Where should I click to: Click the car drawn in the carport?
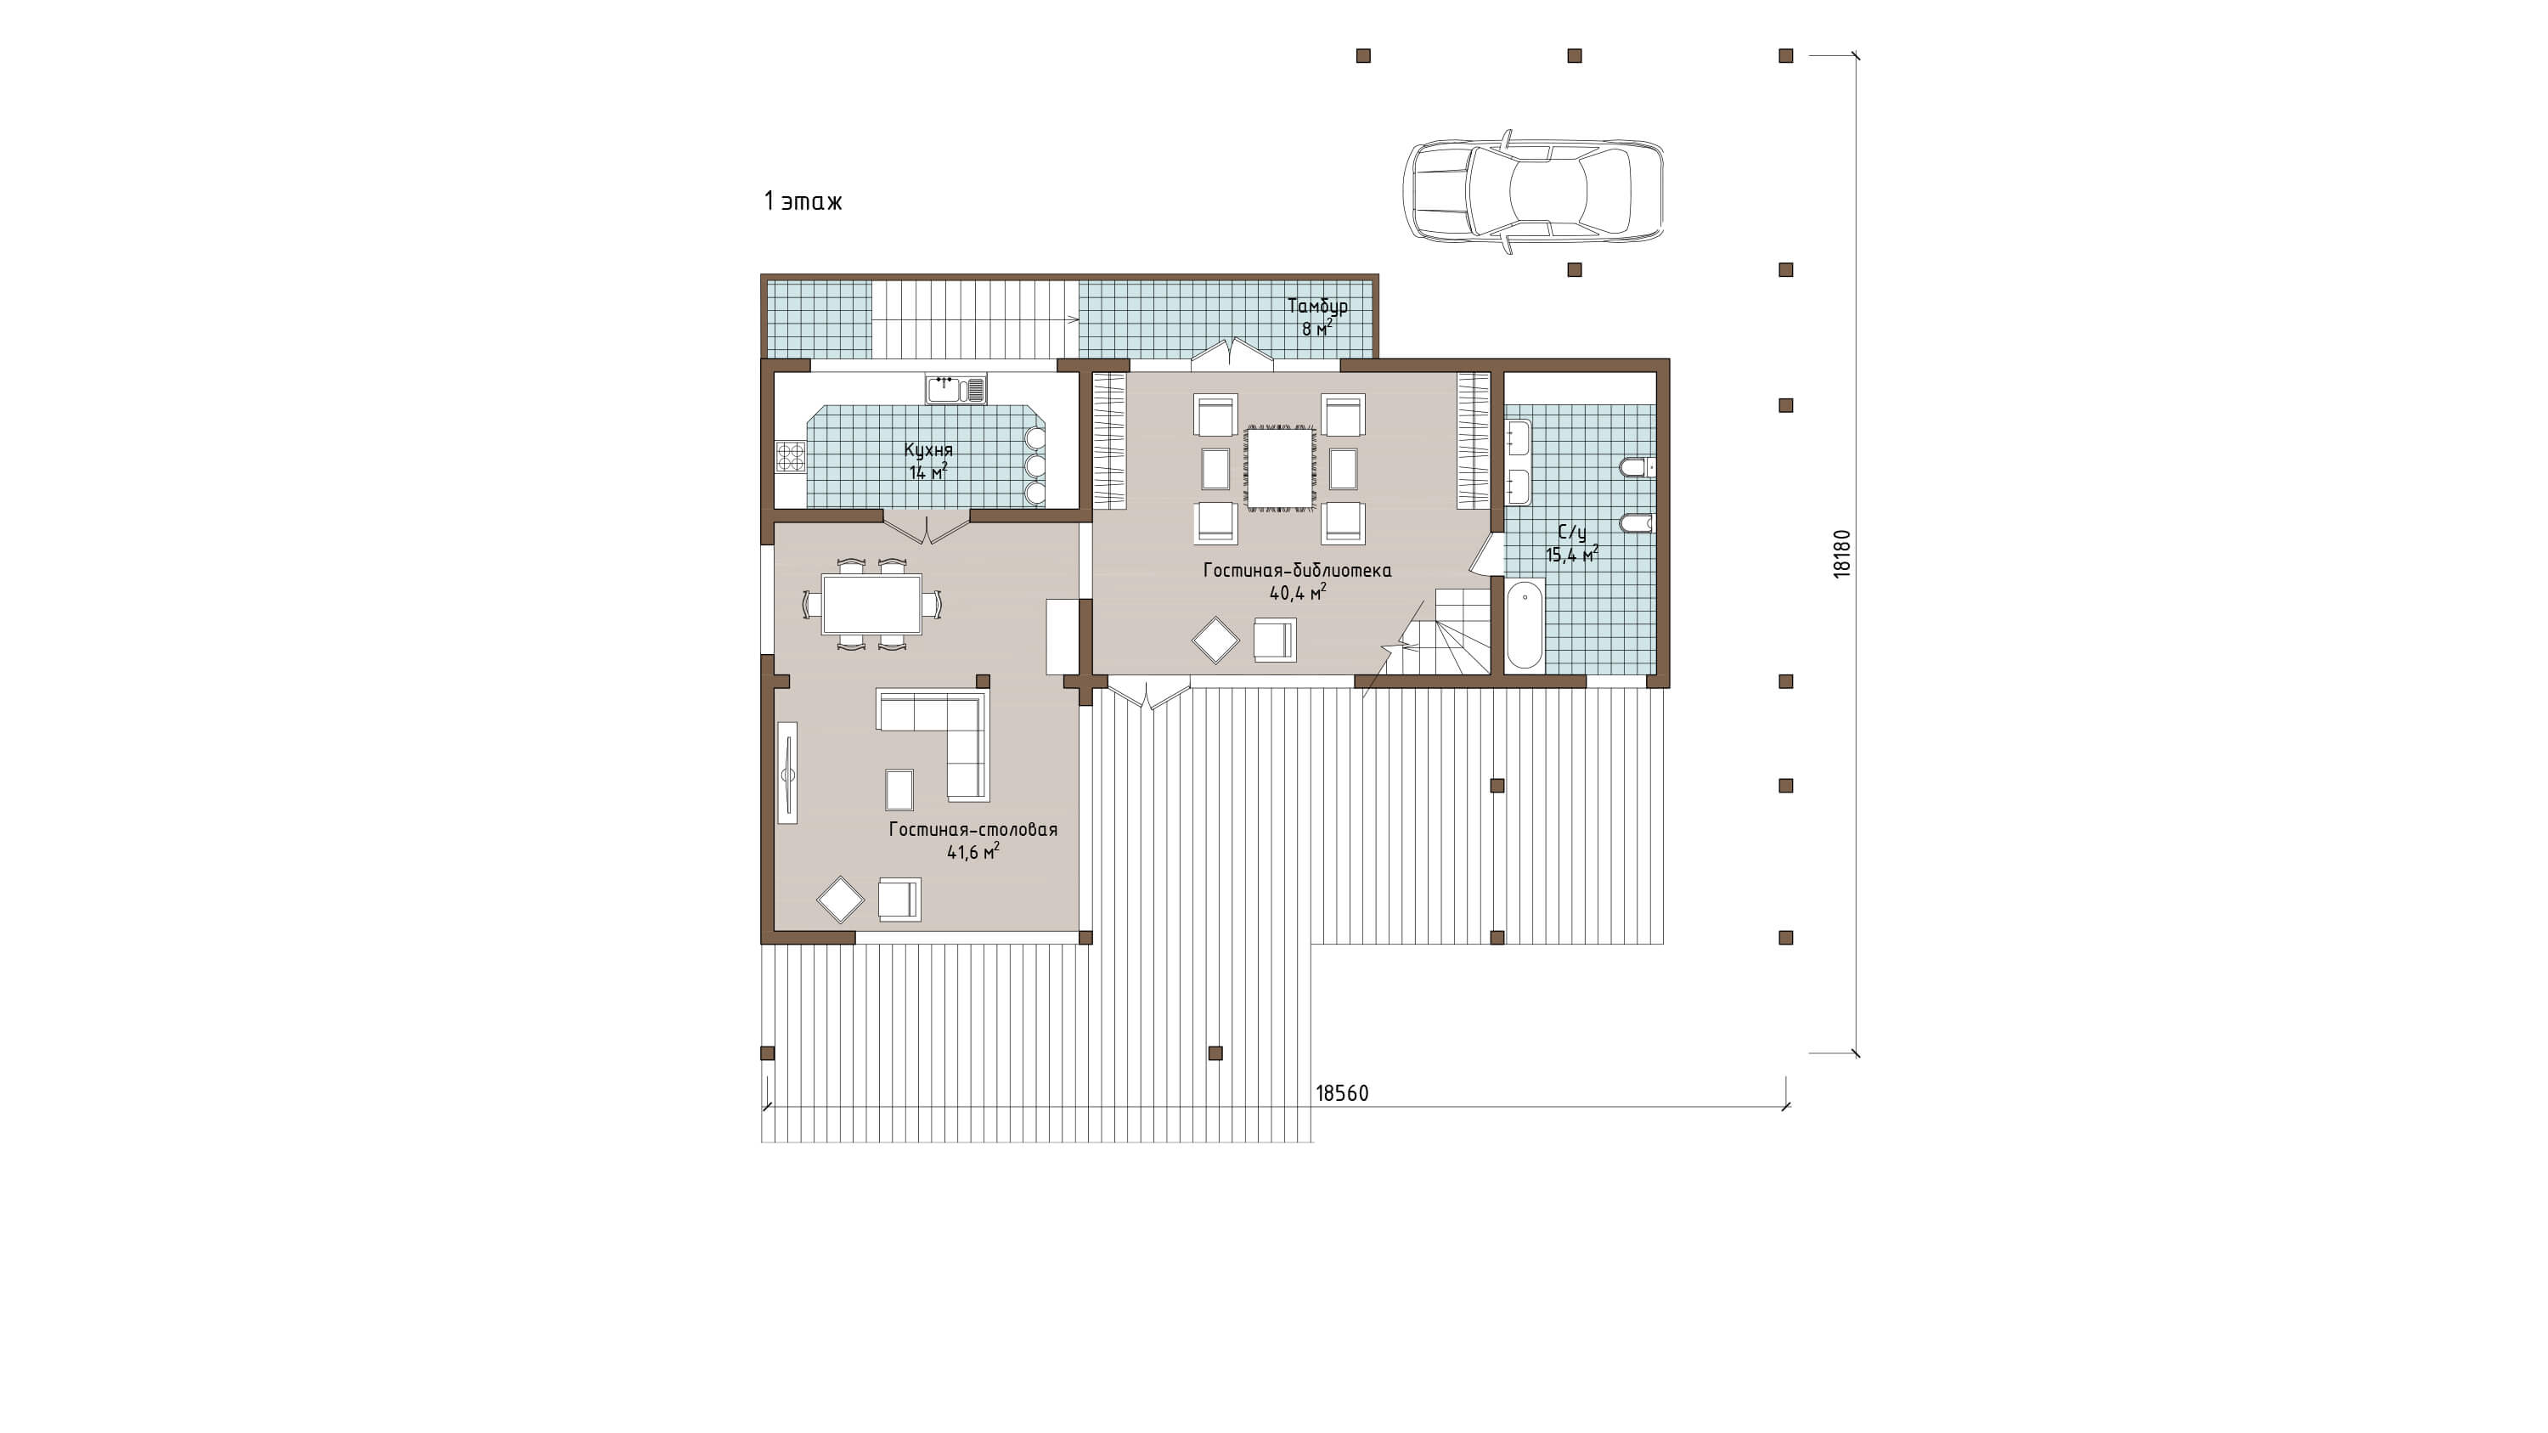(x=1532, y=191)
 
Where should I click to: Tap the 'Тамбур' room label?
(x=1316, y=306)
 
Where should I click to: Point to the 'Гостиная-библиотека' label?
(x=1297, y=570)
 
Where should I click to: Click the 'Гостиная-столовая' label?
(x=972, y=829)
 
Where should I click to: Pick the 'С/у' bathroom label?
(x=1572, y=533)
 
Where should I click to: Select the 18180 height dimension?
(x=1841, y=554)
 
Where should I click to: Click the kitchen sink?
(x=956, y=389)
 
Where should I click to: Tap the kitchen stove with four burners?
(x=791, y=457)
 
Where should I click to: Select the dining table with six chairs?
(x=871, y=603)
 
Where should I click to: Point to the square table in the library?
(x=1280, y=467)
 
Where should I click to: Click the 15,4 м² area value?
(x=1572, y=555)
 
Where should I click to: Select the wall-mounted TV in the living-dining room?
(x=787, y=772)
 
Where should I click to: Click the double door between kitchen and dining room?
(x=927, y=530)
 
